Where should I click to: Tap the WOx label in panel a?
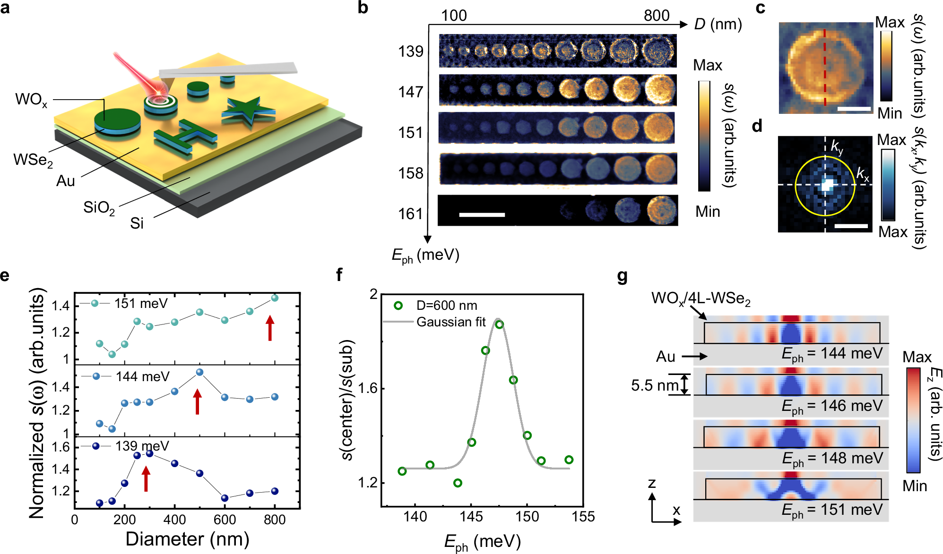point(31,100)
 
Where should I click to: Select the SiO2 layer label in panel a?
point(99,208)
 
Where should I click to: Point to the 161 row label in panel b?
point(410,214)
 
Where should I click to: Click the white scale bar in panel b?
point(482,215)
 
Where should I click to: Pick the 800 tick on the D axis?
point(656,16)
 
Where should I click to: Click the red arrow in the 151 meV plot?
point(270,328)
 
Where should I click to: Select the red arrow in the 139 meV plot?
point(146,478)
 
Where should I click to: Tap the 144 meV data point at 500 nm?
point(199,372)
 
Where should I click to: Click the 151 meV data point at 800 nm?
point(275,298)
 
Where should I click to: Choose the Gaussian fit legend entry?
point(450,322)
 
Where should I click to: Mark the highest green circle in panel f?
point(500,324)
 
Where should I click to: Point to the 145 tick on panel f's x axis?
point(471,517)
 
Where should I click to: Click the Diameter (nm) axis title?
point(187,539)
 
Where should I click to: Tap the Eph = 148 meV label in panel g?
point(832,458)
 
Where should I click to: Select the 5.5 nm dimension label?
point(655,385)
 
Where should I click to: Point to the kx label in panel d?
point(863,174)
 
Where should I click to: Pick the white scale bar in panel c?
point(854,109)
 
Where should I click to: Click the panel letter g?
point(623,275)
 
